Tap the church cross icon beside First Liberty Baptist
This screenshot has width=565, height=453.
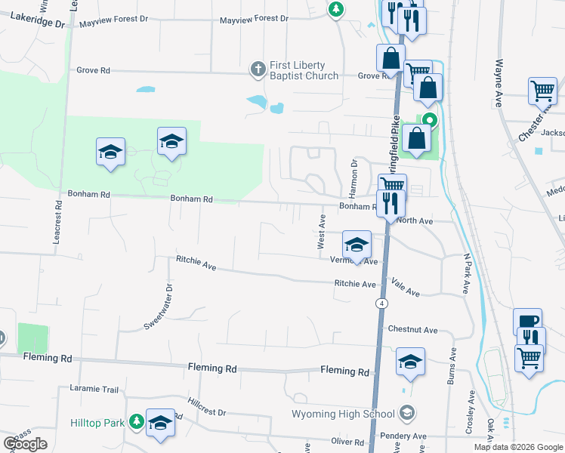[x=258, y=69]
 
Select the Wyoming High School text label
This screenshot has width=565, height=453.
[x=344, y=414]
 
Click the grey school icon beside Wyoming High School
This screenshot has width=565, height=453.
[x=407, y=412]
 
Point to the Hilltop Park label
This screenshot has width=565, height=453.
[x=98, y=423]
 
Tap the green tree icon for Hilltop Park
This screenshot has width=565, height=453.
[x=136, y=421]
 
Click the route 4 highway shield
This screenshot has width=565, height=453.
[x=383, y=303]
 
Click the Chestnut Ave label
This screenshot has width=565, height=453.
[x=412, y=330]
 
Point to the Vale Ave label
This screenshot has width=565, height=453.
[x=406, y=287]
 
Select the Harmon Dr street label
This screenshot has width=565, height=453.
[x=353, y=174]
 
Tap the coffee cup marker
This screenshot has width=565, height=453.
[x=528, y=321]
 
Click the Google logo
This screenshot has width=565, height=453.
[x=26, y=444]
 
